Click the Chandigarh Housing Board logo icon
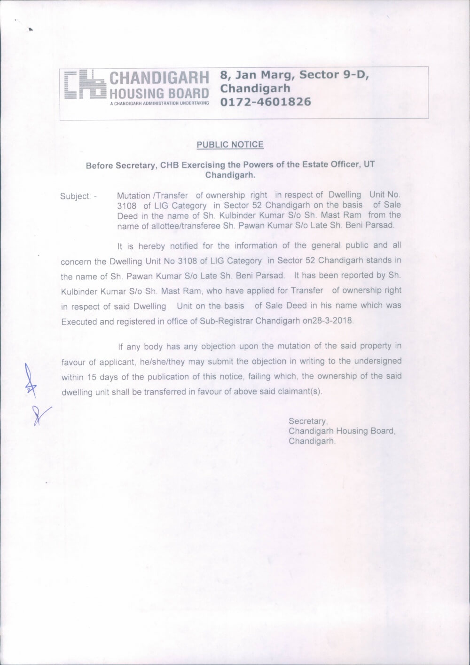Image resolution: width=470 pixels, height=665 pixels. click(x=85, y=85)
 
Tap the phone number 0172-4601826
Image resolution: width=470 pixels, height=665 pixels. click(x=266, y=101)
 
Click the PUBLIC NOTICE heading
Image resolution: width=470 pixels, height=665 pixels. click(x=230, y=144)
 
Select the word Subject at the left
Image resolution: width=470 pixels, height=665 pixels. click(x=75, y=196)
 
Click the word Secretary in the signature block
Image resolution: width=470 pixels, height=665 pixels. click(x=307, y=421)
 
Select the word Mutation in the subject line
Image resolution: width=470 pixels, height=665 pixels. click(x=133, y=195)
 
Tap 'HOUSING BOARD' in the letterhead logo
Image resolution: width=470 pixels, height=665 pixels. click(x=159, y=92)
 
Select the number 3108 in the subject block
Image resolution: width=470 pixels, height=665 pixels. click(x=126, y=206)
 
